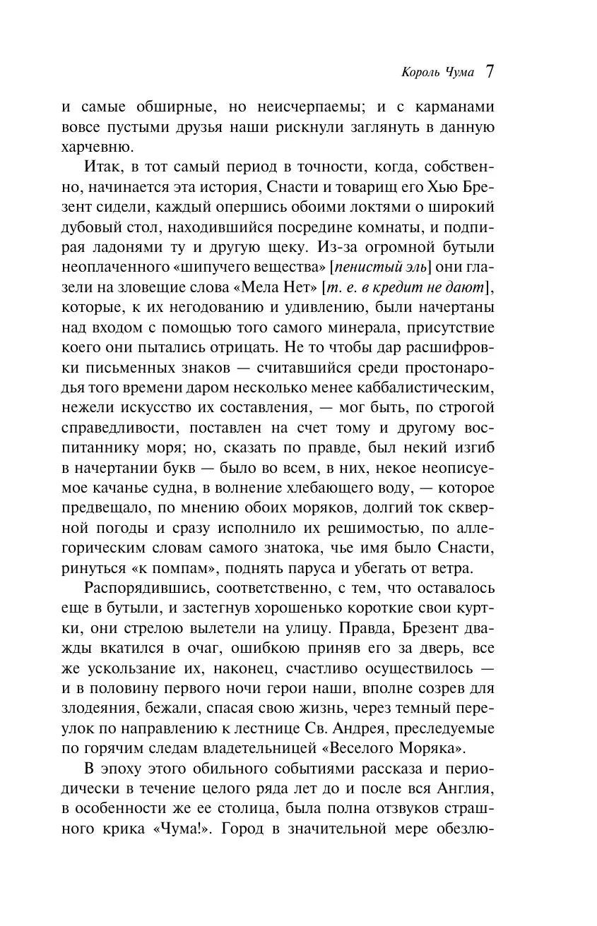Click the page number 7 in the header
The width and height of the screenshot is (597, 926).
(x=489, y=71)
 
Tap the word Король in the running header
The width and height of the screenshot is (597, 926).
(x=422, y=73)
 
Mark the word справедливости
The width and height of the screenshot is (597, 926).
(x=105, y=428)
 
